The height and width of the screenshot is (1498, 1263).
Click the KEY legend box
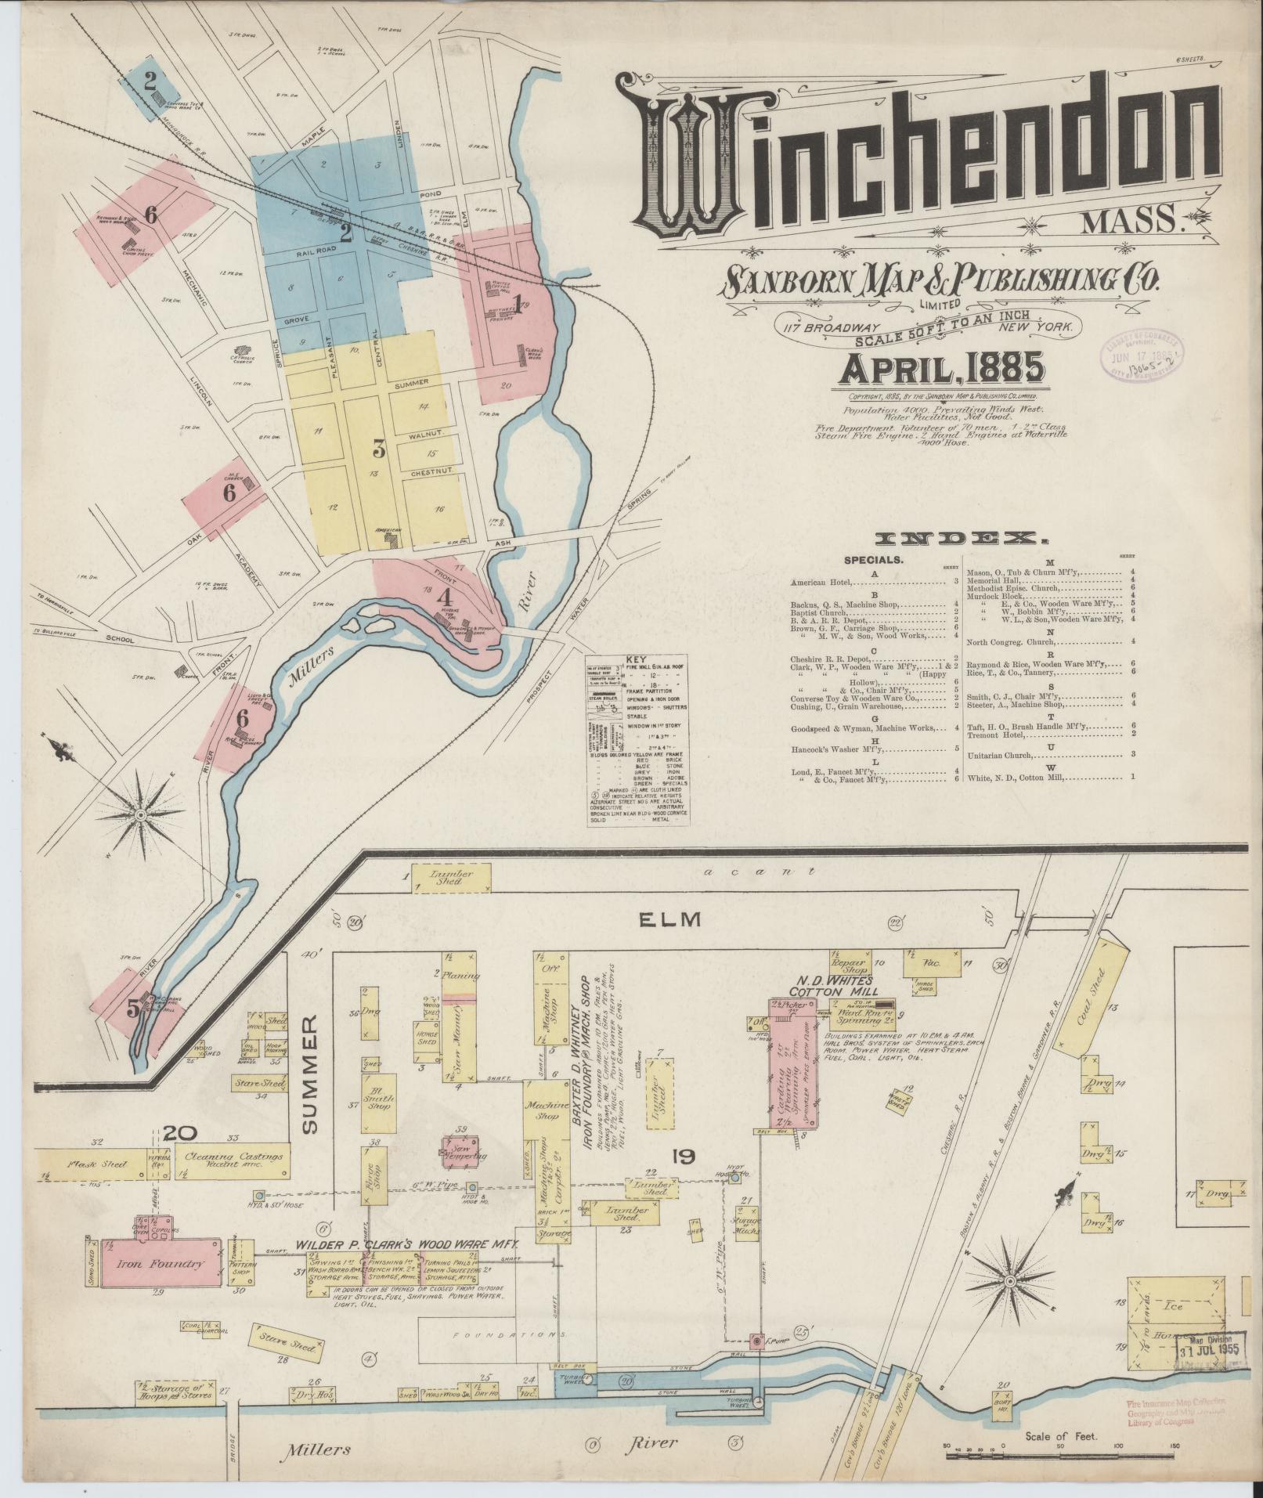tap(638, 738)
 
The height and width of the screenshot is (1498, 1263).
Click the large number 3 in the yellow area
tap(380, 449)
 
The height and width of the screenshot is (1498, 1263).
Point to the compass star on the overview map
tap(141, 815)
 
